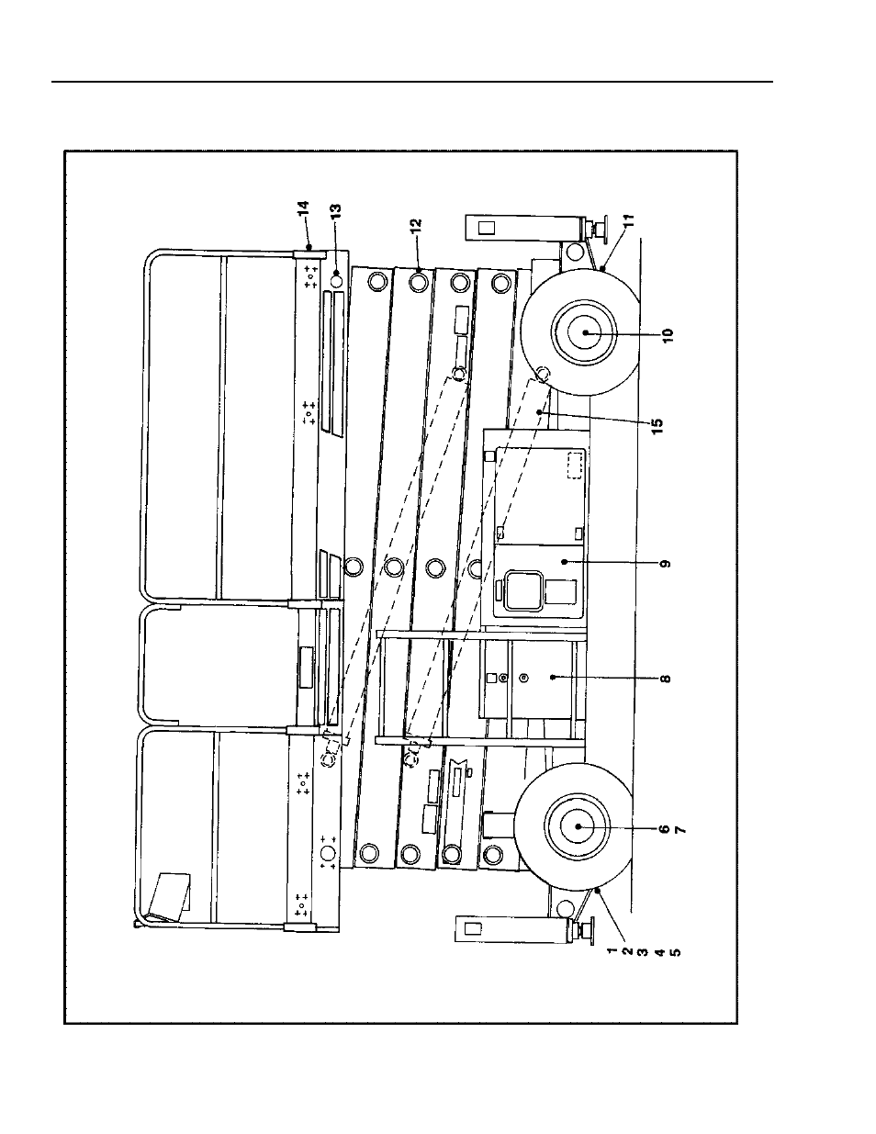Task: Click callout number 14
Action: [304, 208]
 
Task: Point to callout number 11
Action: [629, 219]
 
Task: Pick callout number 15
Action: [657, 422]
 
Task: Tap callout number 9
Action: [665, 564]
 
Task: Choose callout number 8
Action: [665, 679]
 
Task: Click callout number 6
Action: [664, 829]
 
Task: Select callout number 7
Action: [680, 829]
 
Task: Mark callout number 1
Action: [612, 951]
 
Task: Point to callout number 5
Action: [675, 951]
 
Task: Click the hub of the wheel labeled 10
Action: [585, 332]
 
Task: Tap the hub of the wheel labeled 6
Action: [578, 826]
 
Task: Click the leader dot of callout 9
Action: [564, 562]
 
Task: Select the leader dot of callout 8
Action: [553, 677]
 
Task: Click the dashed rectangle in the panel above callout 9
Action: [575, 466]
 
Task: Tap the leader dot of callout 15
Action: [540, 411]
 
